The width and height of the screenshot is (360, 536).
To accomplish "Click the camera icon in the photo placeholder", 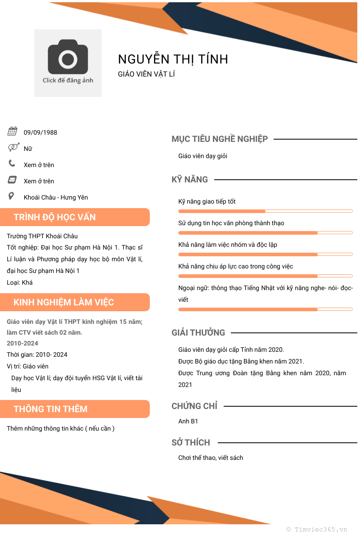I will pos(68,57).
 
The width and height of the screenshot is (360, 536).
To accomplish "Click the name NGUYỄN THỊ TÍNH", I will pos(173,59).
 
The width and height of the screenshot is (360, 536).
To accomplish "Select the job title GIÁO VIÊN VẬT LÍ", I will pos(146,74).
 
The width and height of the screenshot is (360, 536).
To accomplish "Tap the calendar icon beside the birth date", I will pos(12,132).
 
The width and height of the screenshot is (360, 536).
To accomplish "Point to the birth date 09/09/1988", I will pos(40,132).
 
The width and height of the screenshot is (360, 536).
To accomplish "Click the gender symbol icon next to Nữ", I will pos(13,147).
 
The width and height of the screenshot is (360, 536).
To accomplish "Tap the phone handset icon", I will pos(12,163).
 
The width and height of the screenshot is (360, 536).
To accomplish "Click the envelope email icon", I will pos(12,180).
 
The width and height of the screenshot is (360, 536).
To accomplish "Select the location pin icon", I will pos(11,196).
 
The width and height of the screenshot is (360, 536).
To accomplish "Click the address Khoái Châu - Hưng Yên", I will pos(56,197).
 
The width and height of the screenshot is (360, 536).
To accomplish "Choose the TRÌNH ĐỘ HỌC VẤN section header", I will pos(55,217).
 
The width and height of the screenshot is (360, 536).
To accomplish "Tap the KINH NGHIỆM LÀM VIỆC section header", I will pos(64,302).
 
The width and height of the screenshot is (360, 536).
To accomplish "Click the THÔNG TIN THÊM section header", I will pos(50,409).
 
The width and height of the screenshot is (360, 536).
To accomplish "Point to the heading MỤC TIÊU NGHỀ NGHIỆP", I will pos(220,139).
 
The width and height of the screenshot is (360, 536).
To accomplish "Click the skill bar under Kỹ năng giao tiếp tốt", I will pos(265,211).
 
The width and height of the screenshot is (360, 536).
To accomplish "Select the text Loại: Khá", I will pos(20,282).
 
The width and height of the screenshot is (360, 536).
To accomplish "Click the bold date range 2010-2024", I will pos(22,343).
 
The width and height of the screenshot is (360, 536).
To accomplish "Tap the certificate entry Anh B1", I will pos(188,421).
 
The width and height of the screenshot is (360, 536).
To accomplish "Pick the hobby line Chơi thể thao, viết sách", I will pos(211,458).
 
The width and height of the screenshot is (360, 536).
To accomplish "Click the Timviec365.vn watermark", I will pos(317,530).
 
